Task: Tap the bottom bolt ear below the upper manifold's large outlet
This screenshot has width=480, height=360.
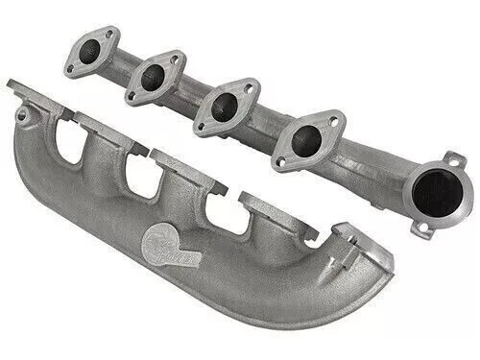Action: point(422,229)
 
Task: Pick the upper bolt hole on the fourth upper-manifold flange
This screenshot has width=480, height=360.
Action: point(335,122)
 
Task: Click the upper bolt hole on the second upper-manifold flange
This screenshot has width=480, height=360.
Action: point(176,60)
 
